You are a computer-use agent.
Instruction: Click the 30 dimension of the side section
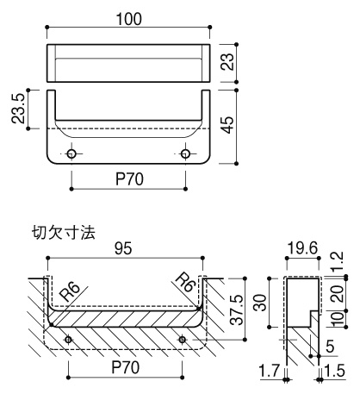click(x=259, y=301)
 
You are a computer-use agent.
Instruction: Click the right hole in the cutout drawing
click(x=182, y=340)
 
